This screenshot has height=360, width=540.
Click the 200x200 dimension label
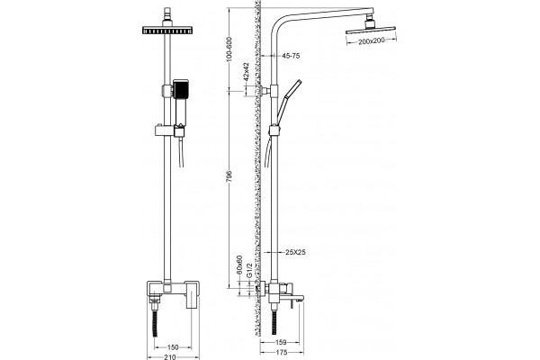pos(371,41)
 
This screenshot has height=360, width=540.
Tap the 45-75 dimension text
pos(291,56)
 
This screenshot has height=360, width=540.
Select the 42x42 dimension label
pos(246,71)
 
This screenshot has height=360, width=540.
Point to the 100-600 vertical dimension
pos(230,49)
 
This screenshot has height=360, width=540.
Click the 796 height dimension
pos(230,175)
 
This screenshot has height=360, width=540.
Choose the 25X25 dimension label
pos(295,252)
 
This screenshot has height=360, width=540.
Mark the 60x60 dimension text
pos(239,265)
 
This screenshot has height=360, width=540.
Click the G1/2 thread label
pos(250,270)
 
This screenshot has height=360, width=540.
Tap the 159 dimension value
pos(281,342)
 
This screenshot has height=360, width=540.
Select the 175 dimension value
pos(282,352)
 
